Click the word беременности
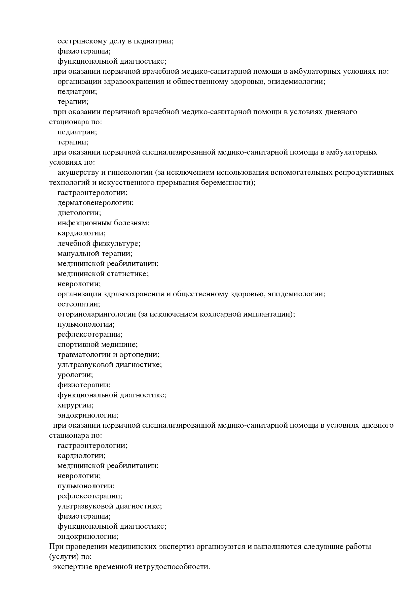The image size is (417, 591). pos(228,183)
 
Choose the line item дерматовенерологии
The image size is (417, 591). pos(96,203)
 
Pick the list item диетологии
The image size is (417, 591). pos(79,213)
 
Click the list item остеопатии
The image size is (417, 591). pos(79,304)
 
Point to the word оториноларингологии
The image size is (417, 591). pos(97,314)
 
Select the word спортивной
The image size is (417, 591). pos(78,344)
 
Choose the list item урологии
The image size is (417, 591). pos(75,374)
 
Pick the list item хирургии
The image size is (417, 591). pos(75,405)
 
